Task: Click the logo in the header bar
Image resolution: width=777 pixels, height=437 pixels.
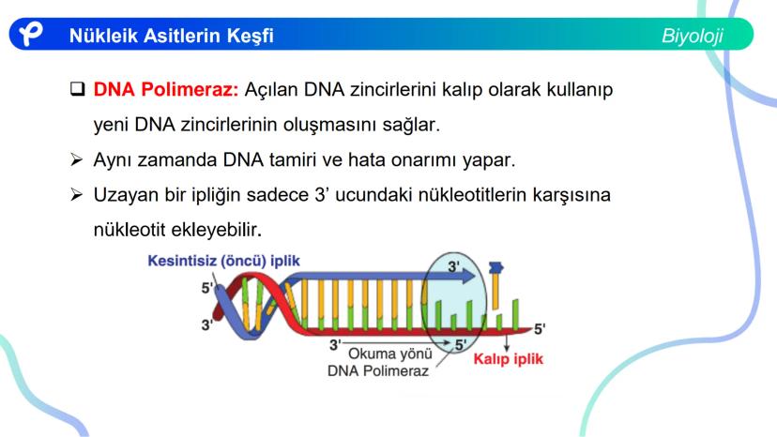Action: pyautogui.click(x=31, y=34)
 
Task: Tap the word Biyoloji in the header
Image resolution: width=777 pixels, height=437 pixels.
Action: pyautogui.click(x=693, y=36)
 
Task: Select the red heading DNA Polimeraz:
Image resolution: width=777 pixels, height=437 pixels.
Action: pyautogui.click(x=166, y=89)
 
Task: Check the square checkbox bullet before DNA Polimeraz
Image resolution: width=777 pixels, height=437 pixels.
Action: pyautogui.click(x=78, y=89)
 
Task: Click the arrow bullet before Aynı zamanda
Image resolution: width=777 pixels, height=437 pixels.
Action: pyautogui.click(x=76, y=159)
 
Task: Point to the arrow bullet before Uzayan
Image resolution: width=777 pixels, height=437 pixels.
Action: pyautogui.click(x=76, y=194)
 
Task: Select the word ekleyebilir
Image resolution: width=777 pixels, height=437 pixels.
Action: pyautogui.click(x=216, y=230)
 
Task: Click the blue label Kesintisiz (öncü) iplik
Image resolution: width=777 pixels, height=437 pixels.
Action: pyautogui.click(x=223, y=261)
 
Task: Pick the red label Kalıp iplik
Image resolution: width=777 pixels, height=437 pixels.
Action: pyautogui.click(x=508, y=359)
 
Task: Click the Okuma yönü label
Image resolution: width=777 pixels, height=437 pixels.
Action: pyautogui.click(x=390, y=354)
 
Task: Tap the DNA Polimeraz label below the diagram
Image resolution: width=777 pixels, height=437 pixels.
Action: pyautogui.click(x=377, y=370)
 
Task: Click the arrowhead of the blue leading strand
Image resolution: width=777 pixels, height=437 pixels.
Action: pyautogui.click(x=467, y=276)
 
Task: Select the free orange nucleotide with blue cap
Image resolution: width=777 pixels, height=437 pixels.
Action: pyautogui.click(x=495, y=286)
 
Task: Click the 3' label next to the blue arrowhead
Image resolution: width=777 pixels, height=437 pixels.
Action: pyautogui.click(x=453, y=266)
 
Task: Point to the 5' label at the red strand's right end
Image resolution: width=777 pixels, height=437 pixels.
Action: pyautogui.click(x=540, y=328)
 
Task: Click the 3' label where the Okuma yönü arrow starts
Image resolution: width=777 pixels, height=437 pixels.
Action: pyautogui.click(x=335, y=344)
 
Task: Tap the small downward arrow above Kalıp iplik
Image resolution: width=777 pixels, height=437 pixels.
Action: pyautogui.click(x=507, y=342)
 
